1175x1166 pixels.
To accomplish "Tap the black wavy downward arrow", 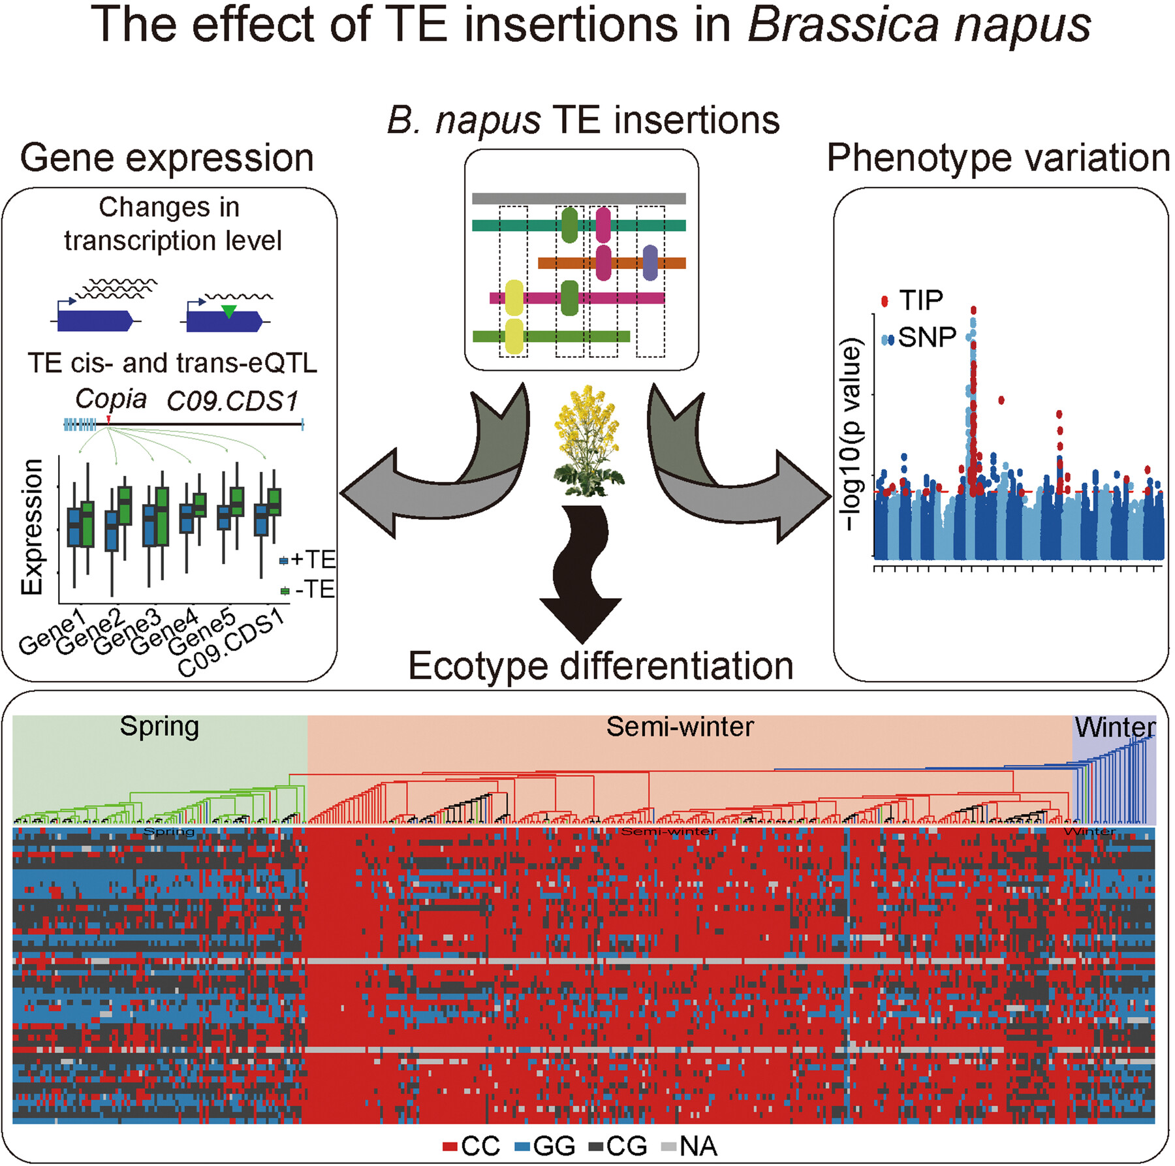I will click(x=581, y=575).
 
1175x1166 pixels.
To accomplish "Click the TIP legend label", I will click(x=920, y=301).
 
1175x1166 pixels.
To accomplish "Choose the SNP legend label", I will click(x=926, y=338).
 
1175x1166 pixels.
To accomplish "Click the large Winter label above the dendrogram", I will click(x=1115, y=727).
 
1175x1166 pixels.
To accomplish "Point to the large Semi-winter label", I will click(x=680, y=727).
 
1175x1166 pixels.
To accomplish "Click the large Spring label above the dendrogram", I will click(x=159, y=726).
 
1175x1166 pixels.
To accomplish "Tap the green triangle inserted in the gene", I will click(x=228, y=311).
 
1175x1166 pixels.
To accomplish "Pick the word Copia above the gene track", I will click(x=111, y=399).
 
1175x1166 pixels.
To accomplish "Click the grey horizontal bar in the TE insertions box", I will click(x=578, y=198).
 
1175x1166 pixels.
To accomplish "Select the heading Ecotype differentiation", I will click(x=601, y=667).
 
